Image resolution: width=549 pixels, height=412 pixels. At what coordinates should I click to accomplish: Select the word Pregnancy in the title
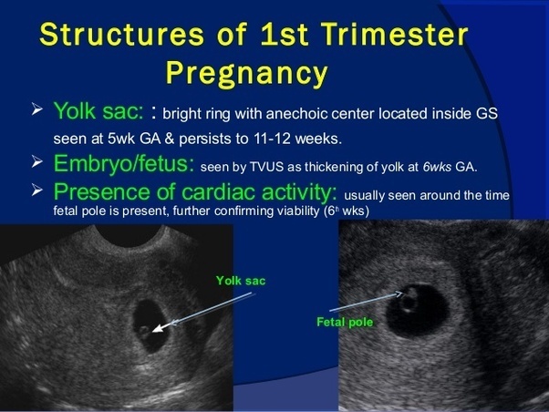point(246,71)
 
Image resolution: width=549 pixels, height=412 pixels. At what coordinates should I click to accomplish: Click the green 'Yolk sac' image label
point(241,281)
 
